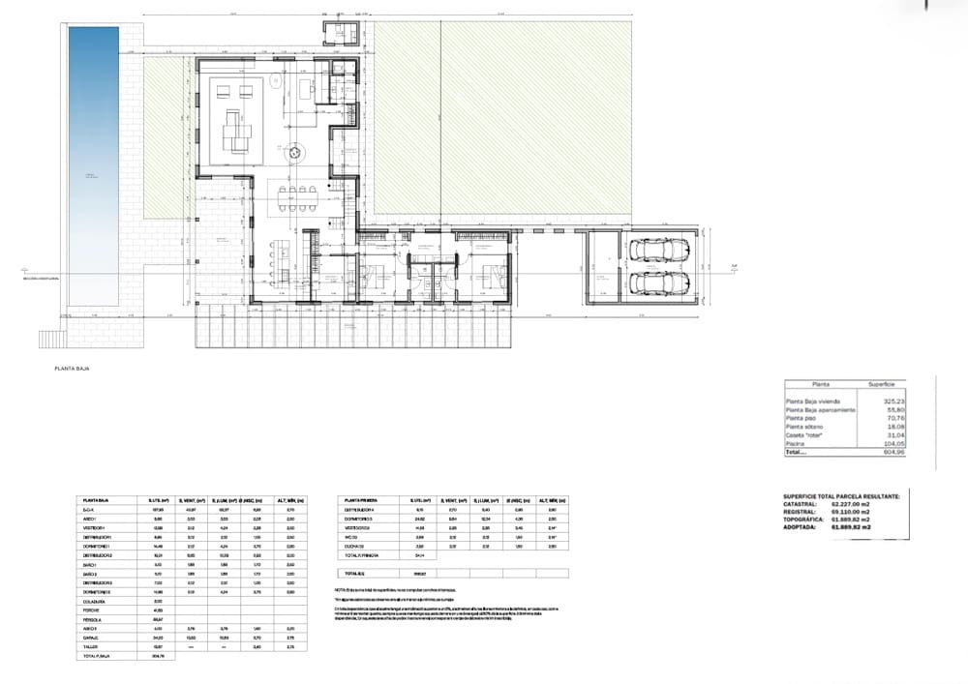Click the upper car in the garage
(x=658, y=250)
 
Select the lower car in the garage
(x=658, y=283)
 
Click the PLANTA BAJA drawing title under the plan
(x=72, y=369)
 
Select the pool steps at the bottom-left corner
(x=50, y=340)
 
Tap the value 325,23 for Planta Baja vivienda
(x=892, y=401)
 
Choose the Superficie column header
(x=888, y=383)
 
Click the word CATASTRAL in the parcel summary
(x=801, y=504)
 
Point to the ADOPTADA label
(x=801, y=527)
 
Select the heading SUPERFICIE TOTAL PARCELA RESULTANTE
(x=840, y=495)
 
